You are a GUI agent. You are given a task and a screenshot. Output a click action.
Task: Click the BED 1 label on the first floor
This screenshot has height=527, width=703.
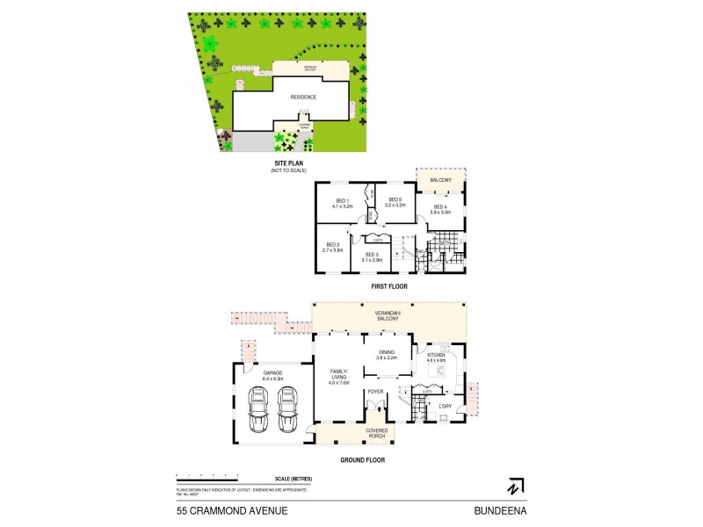(x=341, y=200)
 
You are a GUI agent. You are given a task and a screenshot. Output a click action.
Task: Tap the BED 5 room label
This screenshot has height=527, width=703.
(x=395, y=200)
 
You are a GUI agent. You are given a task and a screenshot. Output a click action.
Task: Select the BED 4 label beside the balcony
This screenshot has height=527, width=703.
(x=439, y=207)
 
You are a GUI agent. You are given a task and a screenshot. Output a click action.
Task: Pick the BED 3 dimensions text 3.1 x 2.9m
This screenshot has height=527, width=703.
(x=371, y=260)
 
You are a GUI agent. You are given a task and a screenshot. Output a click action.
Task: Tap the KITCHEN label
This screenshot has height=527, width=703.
(x=436, y=356)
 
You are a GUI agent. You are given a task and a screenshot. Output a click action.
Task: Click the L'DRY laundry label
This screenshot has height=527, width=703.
(x=445, y=406)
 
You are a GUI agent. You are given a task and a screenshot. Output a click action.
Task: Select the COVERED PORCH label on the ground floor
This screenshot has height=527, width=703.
(x=376, y=433)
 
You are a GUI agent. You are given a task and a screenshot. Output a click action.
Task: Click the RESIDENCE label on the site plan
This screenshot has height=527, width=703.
(x=303, y=97)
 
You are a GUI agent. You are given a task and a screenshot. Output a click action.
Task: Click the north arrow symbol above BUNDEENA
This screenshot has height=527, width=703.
(x=512, y=486)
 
